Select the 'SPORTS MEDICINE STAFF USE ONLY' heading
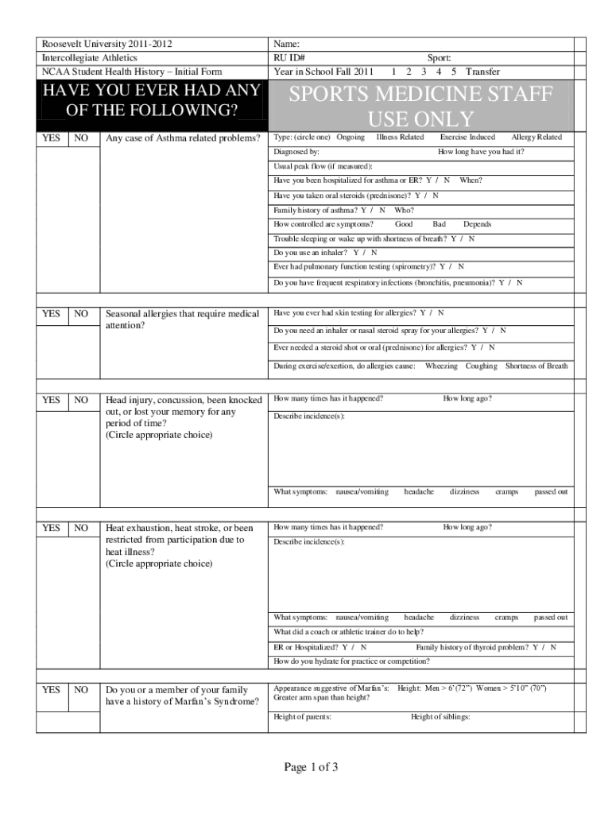(420, 107)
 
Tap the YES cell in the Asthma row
(51, 138)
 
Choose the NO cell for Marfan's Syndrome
(80, 690)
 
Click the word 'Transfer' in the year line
(482, 72)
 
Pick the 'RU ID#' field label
(290, 58)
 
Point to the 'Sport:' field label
(439, 58)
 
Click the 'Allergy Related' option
(536, 137)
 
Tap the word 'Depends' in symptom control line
(478, 224)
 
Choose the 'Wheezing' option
(441, 366)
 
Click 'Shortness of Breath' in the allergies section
(536, 366)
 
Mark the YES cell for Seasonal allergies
(51, 314)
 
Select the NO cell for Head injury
(80, 400)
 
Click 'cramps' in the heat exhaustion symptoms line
(506, 617)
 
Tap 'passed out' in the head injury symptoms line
(551, 492)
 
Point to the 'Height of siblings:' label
(440, 717)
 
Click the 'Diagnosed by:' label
(296, 151)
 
